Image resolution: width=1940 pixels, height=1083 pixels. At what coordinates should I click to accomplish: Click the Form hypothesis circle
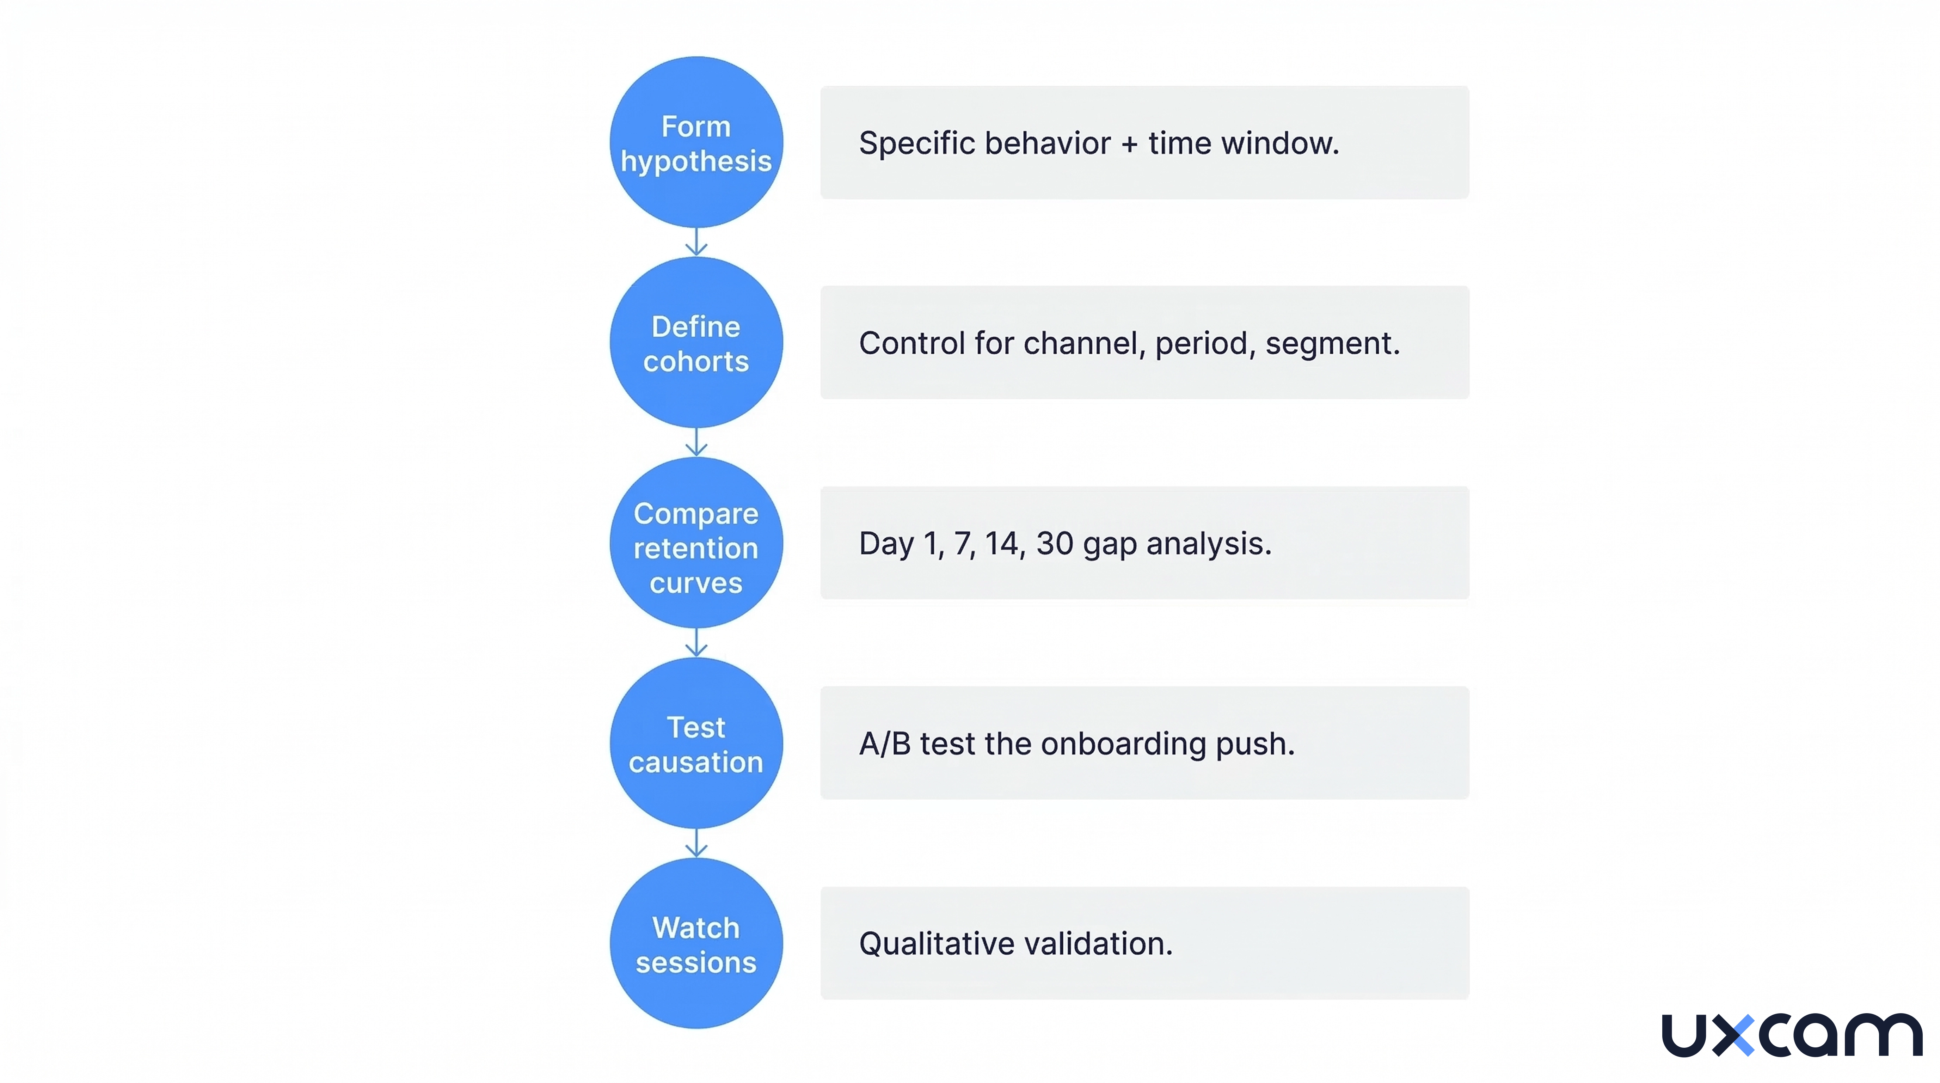696,143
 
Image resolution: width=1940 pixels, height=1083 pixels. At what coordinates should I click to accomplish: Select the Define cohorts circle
696,343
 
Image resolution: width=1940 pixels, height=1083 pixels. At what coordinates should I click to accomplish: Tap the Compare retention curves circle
696,544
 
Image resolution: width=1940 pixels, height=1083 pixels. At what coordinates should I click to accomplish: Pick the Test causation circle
696,744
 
